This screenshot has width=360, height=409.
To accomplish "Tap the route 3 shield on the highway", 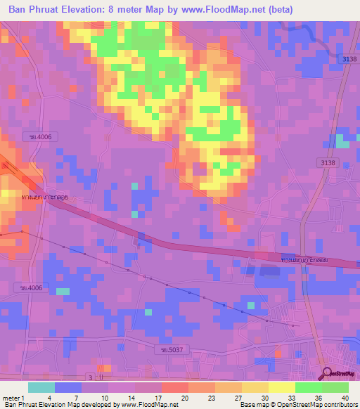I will click(x=91, y=377).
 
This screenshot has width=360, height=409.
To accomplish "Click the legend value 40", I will click(x=344, y=397).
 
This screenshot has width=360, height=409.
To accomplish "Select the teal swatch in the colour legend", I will click(x=41, y=387).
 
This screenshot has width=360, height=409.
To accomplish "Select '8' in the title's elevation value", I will click(x=130, y=8).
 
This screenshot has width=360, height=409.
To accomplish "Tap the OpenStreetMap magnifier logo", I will click(x=328, y=372).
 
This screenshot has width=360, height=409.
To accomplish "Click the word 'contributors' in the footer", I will click(x=339, y=405).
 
